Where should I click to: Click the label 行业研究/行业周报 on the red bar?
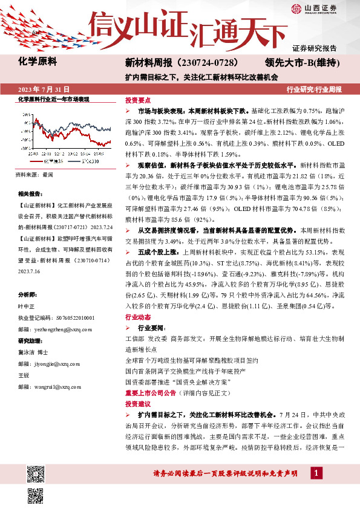pos(313,89)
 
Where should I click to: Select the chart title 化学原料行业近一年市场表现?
pos(54,99)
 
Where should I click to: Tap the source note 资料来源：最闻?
pos(34,174)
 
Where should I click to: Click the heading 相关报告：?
pos(30,194)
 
